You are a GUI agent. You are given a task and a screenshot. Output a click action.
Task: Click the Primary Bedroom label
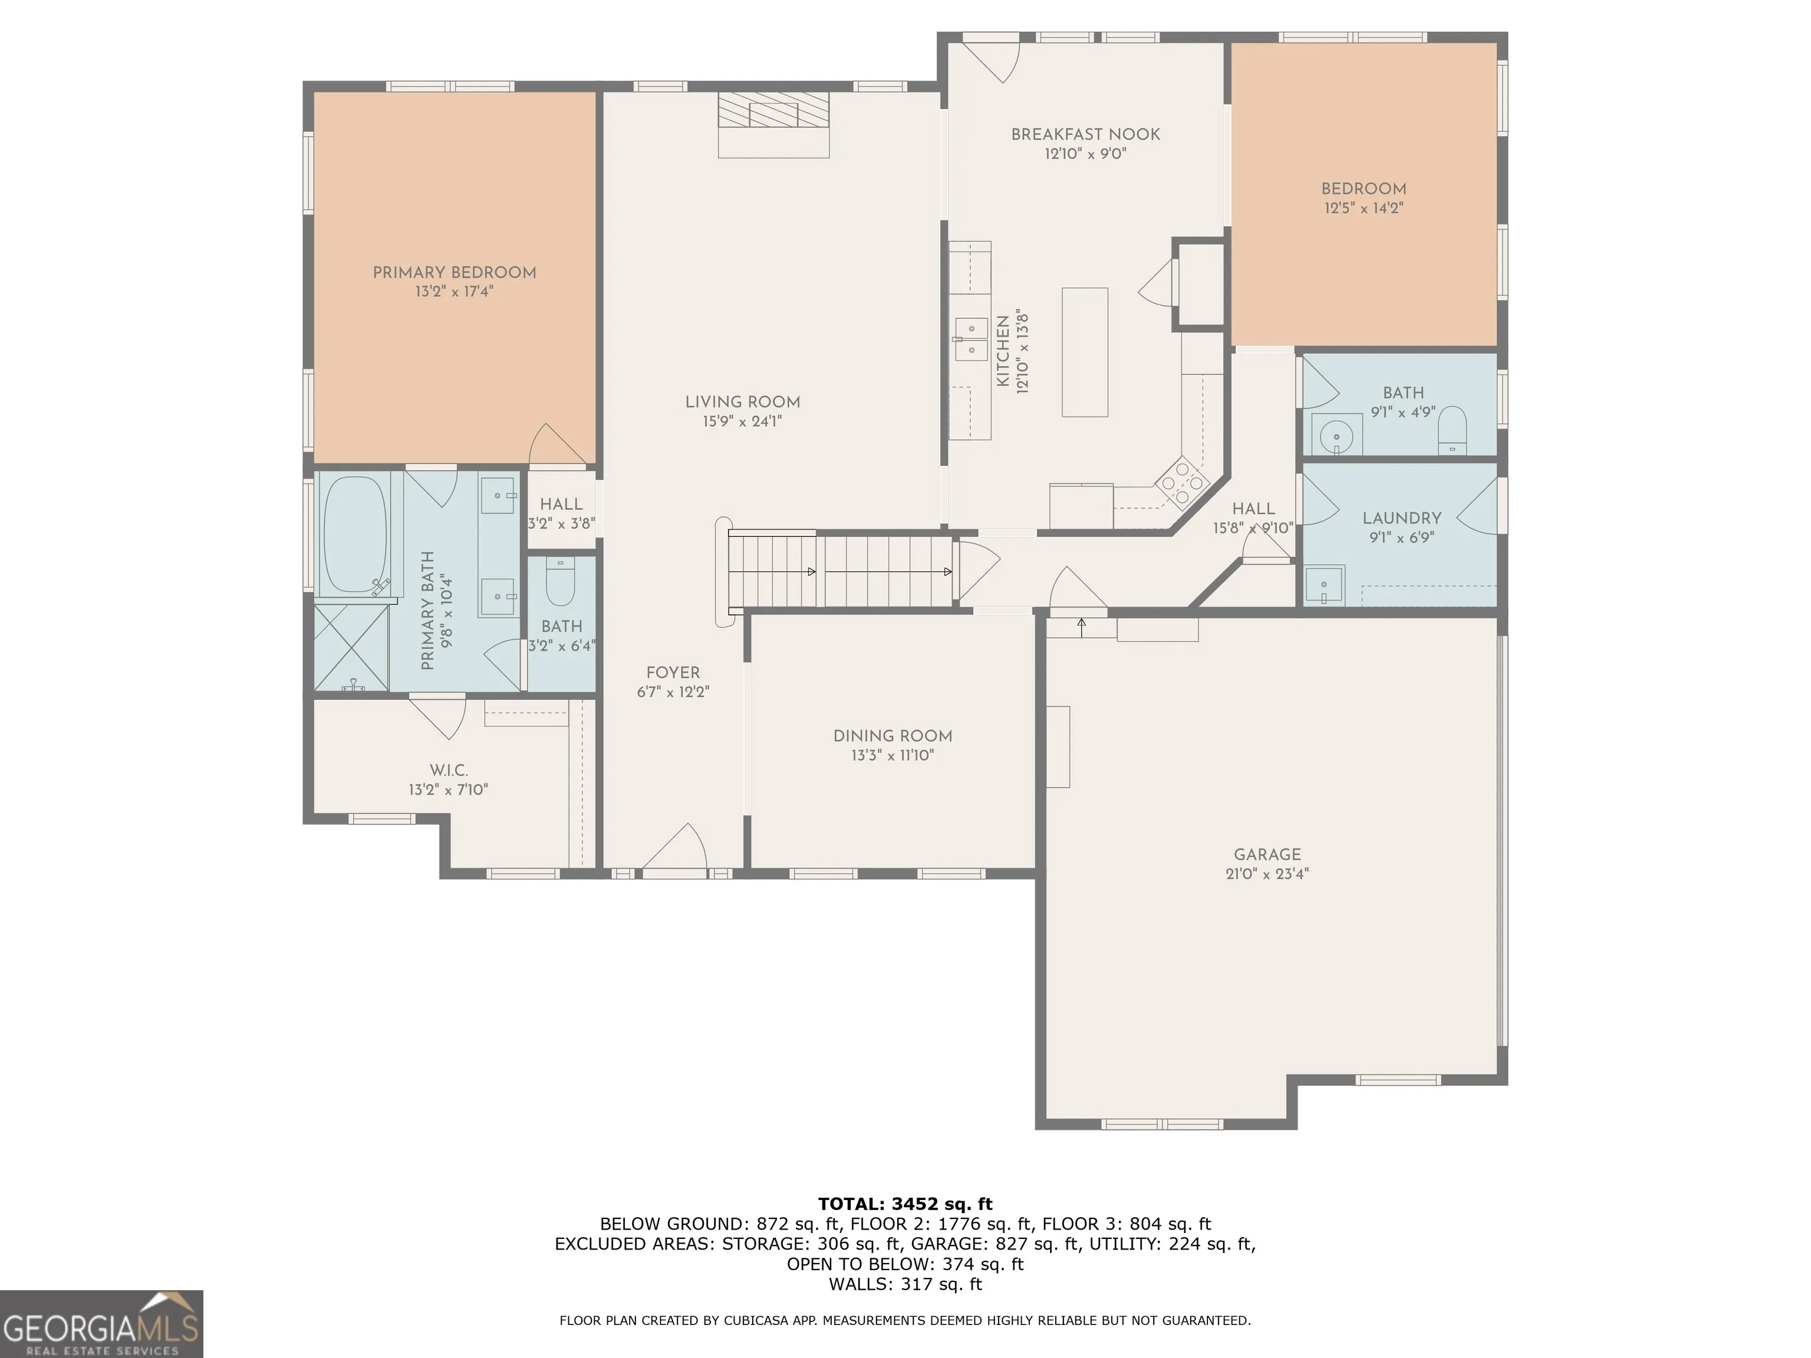tap(455, 272)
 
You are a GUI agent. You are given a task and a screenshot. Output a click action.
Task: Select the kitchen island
tap(1085, 352)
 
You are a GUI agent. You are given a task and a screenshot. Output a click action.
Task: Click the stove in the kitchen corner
tap(1181, 483)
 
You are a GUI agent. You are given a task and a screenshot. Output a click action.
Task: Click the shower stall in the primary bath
tap(352, 648)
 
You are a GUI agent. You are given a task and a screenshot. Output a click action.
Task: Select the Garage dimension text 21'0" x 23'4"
tap(1266, 874)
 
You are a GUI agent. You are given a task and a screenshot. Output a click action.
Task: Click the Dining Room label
tap(893, 736)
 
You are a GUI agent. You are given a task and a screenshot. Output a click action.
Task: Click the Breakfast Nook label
tap(1086, 134)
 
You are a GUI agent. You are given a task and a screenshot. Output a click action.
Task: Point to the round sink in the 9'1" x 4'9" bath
tap(1336, 434)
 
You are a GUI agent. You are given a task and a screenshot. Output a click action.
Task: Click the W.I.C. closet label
tap(449, 770)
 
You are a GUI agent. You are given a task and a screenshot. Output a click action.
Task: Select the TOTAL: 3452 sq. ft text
tap(905, 1204)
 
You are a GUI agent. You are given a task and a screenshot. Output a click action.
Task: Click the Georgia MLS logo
tap(101, 1324)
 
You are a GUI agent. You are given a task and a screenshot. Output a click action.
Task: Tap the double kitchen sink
tap(971, 338)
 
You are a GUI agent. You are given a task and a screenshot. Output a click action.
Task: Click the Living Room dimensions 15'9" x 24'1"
tap(742, 421)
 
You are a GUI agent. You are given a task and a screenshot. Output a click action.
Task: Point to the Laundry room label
tap(1402, 518)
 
